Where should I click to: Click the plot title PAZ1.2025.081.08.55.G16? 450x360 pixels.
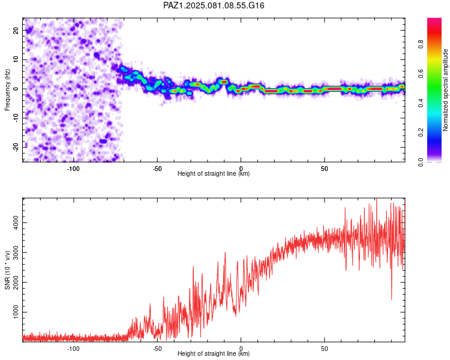tap(214, 5)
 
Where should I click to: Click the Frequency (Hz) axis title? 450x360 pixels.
tap(7, 90)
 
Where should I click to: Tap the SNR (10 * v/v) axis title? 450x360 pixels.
tap(7, 270)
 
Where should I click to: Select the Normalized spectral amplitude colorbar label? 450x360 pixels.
tap(445, 90)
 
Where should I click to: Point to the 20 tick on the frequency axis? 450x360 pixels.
tap(16, 30)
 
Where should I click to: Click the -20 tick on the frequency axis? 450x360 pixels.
tap(16, 147)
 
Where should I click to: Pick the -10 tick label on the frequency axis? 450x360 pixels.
tap(16, 118)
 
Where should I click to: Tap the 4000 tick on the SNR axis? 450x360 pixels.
tap(16, 223)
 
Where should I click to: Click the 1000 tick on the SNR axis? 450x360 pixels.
tap(16, 312)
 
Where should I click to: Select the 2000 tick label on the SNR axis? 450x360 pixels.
tap(16, 282)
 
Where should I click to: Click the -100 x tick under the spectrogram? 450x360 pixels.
tap(73, 169)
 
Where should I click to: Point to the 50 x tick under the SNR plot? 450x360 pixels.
tap(324, 348)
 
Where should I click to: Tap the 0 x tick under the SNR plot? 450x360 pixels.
tap(241, 348)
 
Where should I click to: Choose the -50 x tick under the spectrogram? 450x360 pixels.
tap(157, 169)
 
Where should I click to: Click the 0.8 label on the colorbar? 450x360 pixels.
tap(421, 44)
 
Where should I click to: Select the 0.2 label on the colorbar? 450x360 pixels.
tap(421, 133)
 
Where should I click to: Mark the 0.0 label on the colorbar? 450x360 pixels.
tap(421, 162)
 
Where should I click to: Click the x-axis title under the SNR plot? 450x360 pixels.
tap(214, 353)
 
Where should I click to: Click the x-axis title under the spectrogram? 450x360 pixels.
tap(214, 173)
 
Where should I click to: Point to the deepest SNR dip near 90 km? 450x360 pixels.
tap(391, 299)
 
